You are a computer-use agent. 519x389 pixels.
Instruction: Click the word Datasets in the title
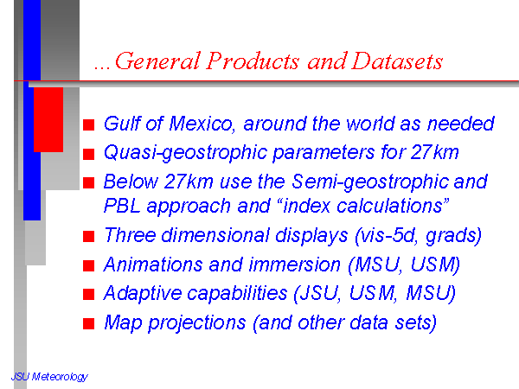pyautogui.click(x=397, y=61)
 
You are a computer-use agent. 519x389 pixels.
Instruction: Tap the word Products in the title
pyautogui.click(x=253, y=61)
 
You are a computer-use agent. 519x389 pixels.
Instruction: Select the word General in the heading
pyautogui.click(x=158, y=61)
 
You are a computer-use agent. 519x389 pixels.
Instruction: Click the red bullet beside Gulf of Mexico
pyautogui.click(x=89, y=125)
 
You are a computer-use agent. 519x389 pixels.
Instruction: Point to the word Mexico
pyautogui.click(x=202, y=124)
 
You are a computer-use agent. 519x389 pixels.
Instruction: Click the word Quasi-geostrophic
pyautogui.click(x=186, y=153)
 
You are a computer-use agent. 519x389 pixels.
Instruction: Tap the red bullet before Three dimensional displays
pyautogui.click(x=89, y=237)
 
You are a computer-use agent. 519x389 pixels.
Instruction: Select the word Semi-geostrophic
pyautogui.click(x=370, y=182)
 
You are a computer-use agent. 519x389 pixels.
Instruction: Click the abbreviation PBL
pyautogui.click(x=122, y=206)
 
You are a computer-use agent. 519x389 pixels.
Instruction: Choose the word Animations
pyautogui.click(x=153, y=265)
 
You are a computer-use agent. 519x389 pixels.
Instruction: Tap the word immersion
pyautogui.click(x=295, y=265)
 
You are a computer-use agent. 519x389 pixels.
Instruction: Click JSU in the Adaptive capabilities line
pyautogui.click(x=318, y=293)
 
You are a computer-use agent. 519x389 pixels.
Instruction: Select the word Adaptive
pyautogui.click(x=144, y=294)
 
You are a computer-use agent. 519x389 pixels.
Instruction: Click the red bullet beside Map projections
pyautogui.click(x=89, y=324)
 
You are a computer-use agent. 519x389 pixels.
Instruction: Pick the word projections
pyautogui.click(x=196, y=323)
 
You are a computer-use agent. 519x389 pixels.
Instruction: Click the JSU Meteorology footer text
pyautogui.click(x=49, y=377)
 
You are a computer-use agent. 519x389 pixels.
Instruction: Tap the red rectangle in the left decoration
pyautogui.click(x=48, y=120)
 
